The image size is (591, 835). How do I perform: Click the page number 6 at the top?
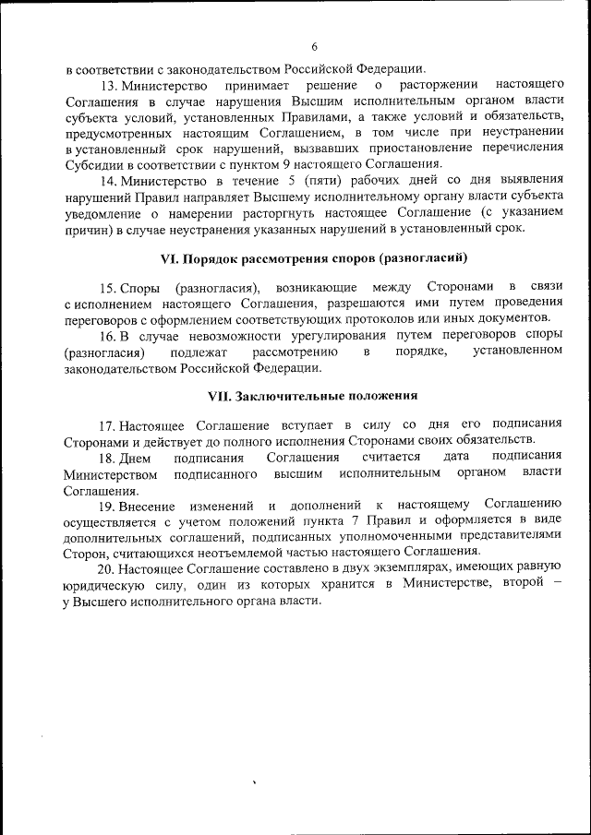point(315,47)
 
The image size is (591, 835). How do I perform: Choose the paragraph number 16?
point(109,335)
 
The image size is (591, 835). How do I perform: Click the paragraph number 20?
point(109,567)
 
